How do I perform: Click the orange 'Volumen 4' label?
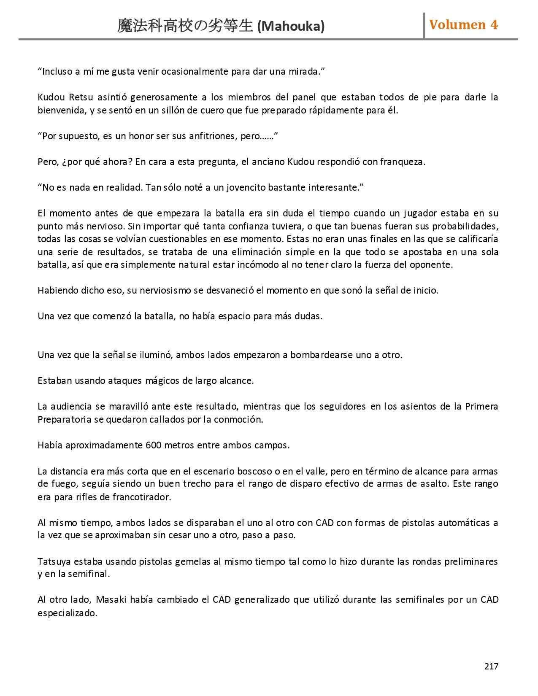tap(463, 24)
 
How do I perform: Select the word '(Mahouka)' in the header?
tap(291, 27)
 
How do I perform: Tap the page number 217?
tap(491, 666)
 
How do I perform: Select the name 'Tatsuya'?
tap(54, 561)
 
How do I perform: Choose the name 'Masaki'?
tap(111, 600)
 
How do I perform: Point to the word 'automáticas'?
tap(462, 523)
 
